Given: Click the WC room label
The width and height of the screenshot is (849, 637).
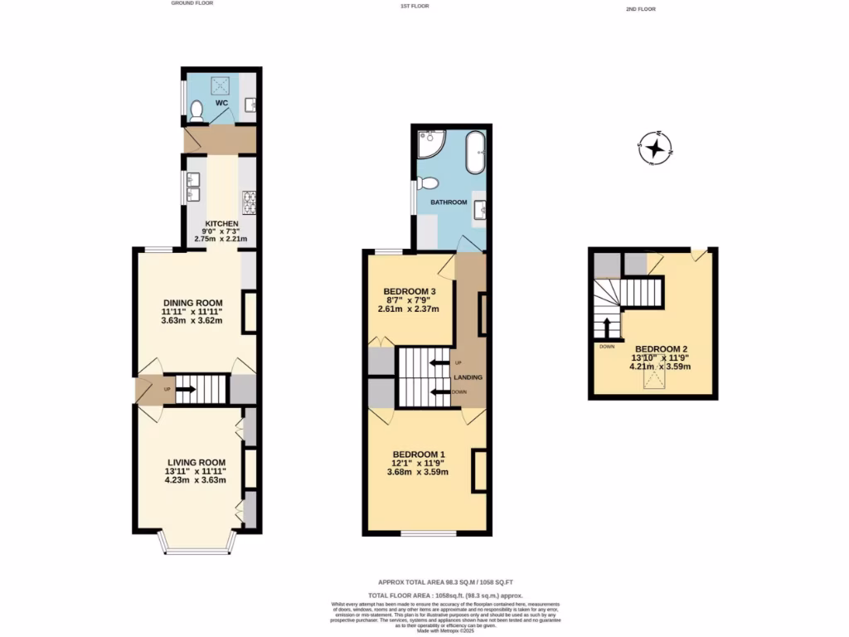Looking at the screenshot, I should tap(222, 104).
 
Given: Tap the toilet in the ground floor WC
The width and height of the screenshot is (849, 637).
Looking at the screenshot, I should tap(196, 109).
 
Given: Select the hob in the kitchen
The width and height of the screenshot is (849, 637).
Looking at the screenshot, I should tap(248, 199).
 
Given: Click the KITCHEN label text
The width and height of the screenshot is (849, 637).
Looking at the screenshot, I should tap(222, 224).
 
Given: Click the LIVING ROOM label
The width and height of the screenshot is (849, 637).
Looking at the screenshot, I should tap(196, 462).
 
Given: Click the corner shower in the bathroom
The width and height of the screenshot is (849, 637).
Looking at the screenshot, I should tap(430, 144).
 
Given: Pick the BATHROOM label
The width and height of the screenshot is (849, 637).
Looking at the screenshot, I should tap(449, 202).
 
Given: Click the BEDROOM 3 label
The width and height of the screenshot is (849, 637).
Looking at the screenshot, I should tap(410, 291).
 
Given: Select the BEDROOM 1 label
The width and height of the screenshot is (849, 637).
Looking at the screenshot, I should tap(419, 454).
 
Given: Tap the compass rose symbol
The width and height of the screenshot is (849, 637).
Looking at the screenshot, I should tap(657, 149).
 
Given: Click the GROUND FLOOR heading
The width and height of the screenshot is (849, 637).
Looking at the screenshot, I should tap(192, 3).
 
